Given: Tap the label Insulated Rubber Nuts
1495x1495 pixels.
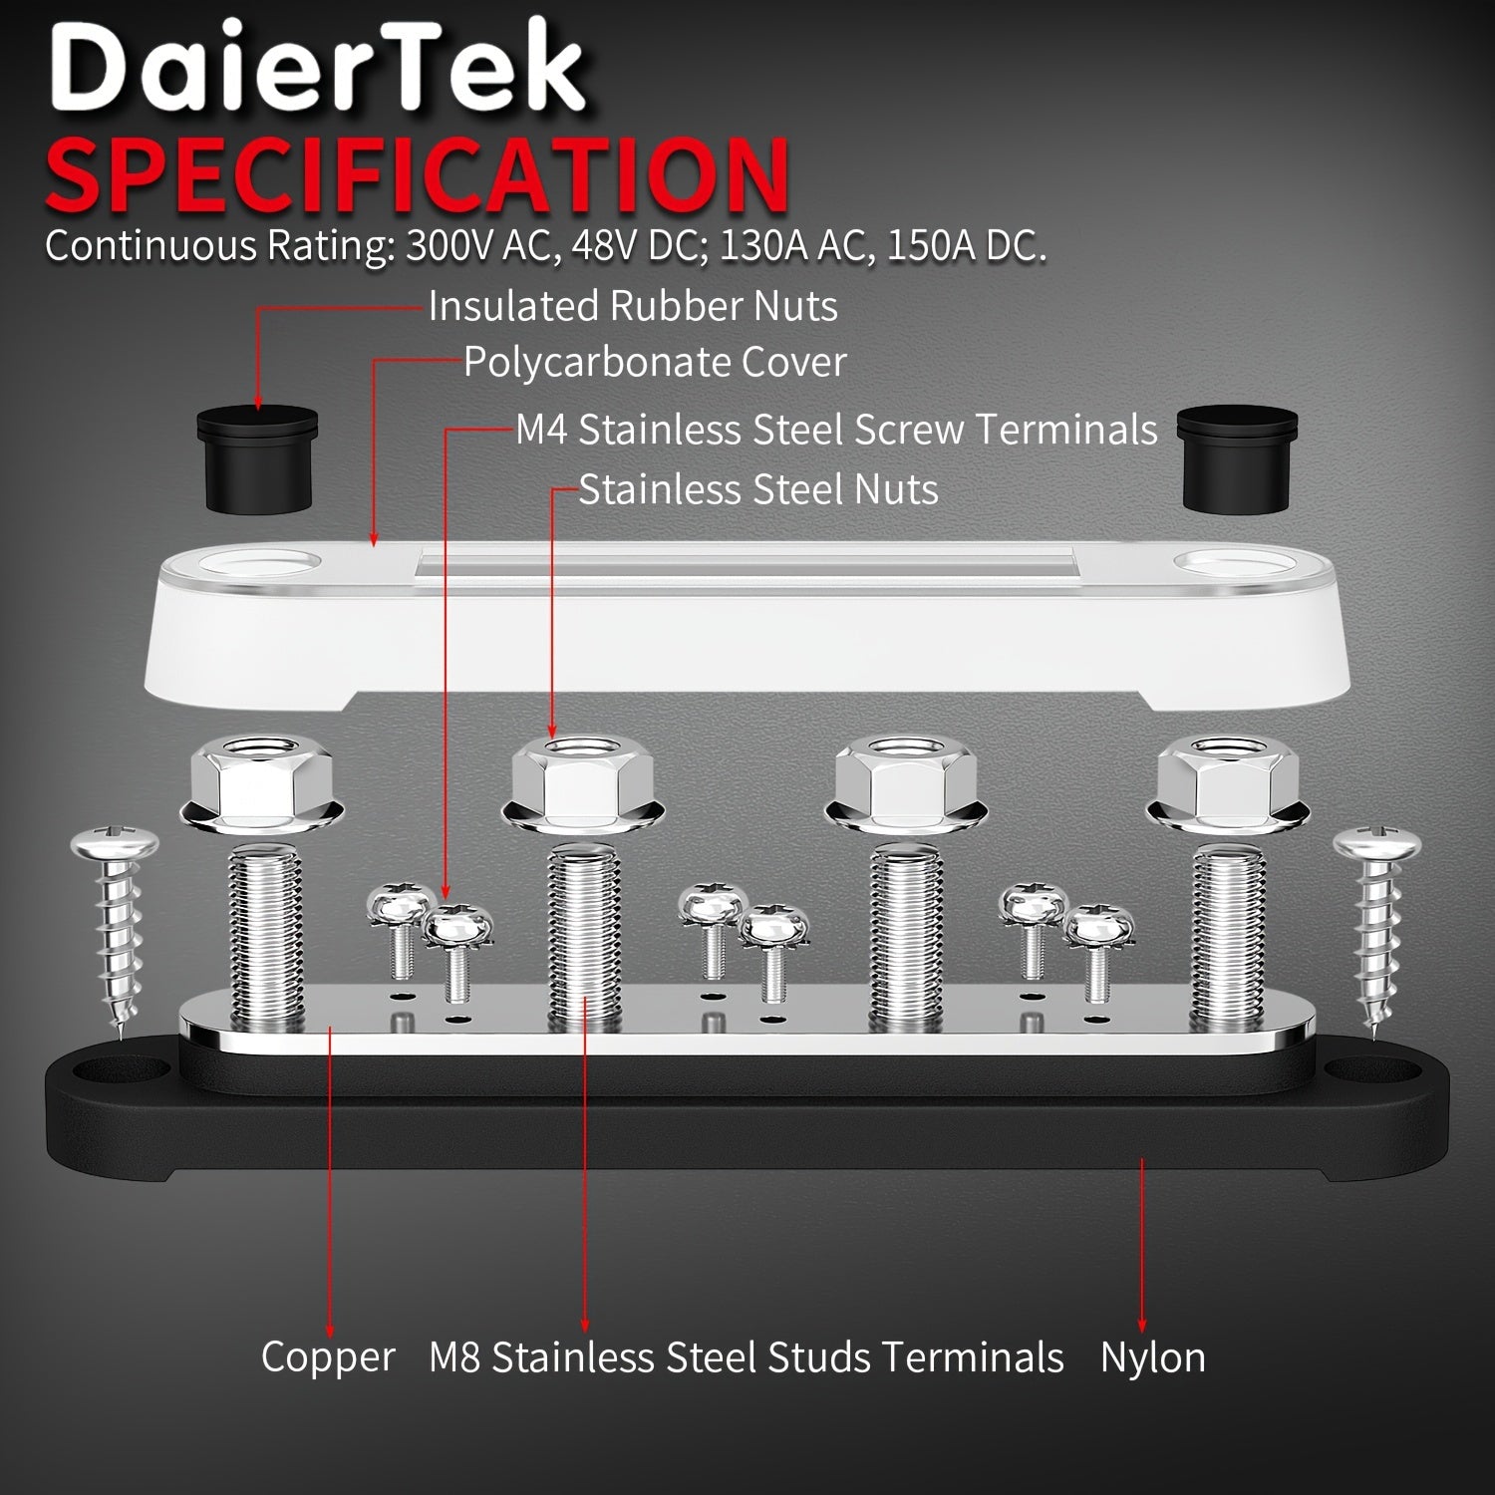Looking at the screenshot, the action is coord(633,306).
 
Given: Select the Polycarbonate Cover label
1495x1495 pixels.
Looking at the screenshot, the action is coord(655,362).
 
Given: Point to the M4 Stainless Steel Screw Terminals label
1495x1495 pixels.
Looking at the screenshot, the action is coord(836,430).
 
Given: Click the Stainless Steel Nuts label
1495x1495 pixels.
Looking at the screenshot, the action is coord(758,489).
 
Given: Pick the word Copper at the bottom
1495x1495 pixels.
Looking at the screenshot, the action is coord(328,1357).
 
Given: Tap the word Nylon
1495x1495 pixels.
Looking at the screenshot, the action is coord(1152,1357).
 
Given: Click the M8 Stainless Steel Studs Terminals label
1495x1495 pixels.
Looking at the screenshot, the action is coord(747,1357).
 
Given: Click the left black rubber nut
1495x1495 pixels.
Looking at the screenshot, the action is coord(257,459).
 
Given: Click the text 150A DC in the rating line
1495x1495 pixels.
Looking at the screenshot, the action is coord(965,245).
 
